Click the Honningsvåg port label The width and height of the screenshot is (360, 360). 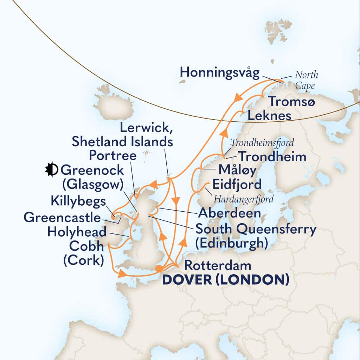coord(220,73)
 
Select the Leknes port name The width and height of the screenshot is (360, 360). coord(269,115)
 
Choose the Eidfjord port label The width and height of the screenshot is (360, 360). coord(237,185)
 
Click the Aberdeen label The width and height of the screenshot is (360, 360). coord(229,213)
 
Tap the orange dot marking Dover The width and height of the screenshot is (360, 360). coord(159,269)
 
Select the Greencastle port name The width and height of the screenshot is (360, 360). coord(62,218)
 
